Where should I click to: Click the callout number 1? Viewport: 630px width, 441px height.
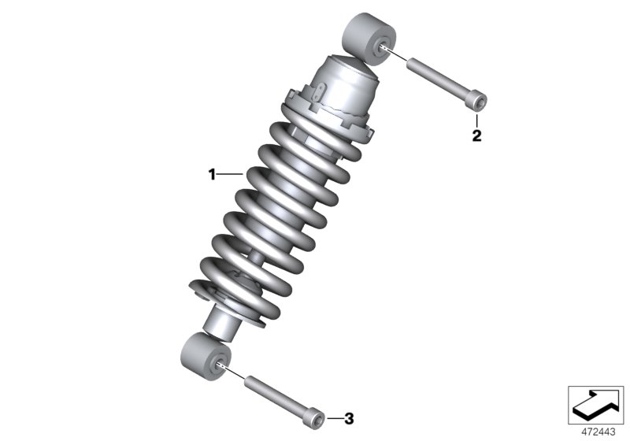[212, 175]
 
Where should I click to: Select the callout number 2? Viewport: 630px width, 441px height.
[476, 135]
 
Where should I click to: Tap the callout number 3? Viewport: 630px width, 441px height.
[349, 419]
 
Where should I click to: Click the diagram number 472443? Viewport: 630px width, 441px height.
[598, 432]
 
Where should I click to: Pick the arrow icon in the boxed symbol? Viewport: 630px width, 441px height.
[597, 403]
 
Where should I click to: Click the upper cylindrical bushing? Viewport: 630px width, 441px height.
[369, 39]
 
